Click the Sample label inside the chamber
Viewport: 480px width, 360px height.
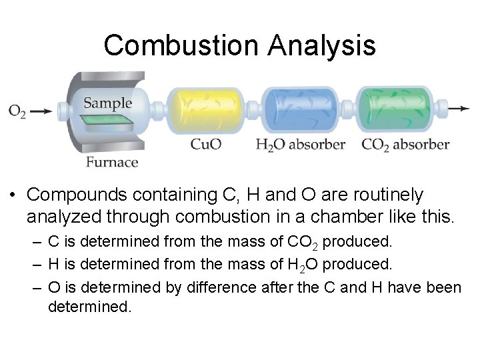click(107, 103)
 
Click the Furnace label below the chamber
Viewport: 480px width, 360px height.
click(112, 162)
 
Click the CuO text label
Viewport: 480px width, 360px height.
click(206, 143)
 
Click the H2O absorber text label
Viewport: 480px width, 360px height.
click(300, 143)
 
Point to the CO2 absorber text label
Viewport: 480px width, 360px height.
click(405, 143)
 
